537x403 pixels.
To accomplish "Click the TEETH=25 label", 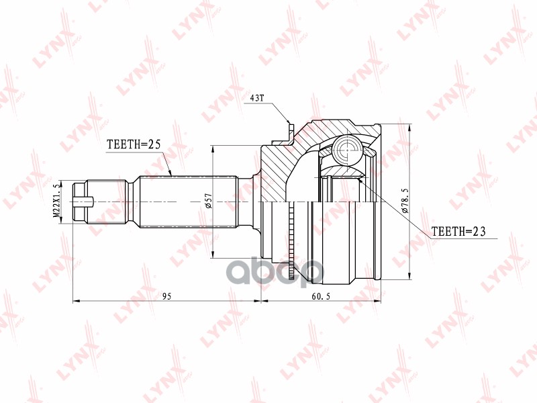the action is click(134, 144).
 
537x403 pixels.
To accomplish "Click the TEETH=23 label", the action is click(458, 231).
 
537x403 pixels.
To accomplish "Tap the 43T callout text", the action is click(257, 98).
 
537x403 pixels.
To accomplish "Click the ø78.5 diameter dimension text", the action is click(405, 200).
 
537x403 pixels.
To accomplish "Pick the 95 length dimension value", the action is click(166, 296).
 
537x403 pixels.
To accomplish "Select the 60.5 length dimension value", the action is click(321, 296).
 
